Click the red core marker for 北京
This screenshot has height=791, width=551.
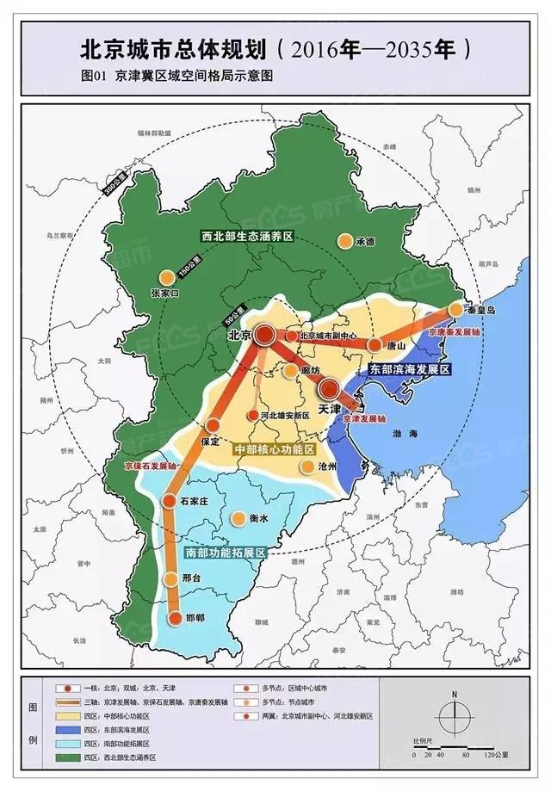click(x=266, y=334)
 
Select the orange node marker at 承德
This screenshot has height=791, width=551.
click(x=344, y=242)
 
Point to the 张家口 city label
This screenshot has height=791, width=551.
click(x=168, y=293)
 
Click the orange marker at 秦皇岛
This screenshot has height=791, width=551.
click(x=455, y=311)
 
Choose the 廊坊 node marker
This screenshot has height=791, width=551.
click(x=292, y=371)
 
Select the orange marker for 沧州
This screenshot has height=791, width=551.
click(x=306, y=466)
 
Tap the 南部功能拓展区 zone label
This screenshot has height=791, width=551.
click(x=225, y=552)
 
